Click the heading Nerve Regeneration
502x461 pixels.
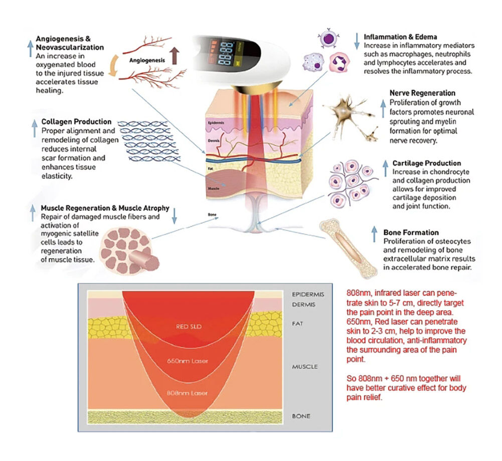pyautogui.click(x=422, y=93)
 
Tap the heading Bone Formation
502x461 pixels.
pyautogui.click(x=411, y=233)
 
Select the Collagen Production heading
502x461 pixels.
pyautogui.click(x=76, y=122)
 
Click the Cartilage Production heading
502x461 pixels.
pyautogui.click(x=427, y=163)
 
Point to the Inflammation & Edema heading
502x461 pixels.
pyautogui.click(x=400, y=37)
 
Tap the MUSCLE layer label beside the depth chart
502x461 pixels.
pyautogui.click(x=304, y=367)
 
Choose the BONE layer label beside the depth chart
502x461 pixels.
pyautogui.click(x=301, y=416)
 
